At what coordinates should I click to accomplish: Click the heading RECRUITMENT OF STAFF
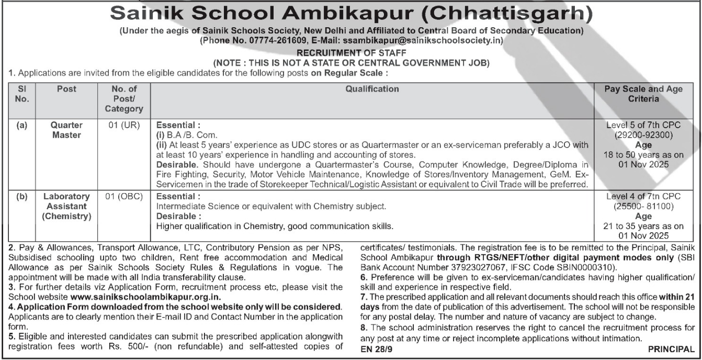(x=351, y=53)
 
